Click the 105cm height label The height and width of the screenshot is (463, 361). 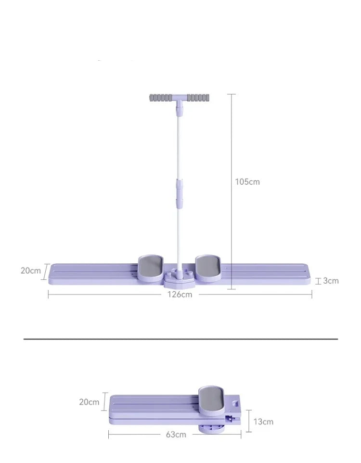[247, 182]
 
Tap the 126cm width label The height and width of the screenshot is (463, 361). [180, 294]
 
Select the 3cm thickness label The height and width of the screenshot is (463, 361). [331, 281]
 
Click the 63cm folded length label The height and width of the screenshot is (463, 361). [176, 435]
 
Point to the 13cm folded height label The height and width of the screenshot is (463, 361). [263, 422]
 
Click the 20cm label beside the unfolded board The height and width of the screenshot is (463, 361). [31, 271]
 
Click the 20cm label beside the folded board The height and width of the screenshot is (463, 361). [89, 402]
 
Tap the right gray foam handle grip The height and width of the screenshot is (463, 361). [198, 97]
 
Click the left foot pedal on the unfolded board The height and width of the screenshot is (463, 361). [151, 268]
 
